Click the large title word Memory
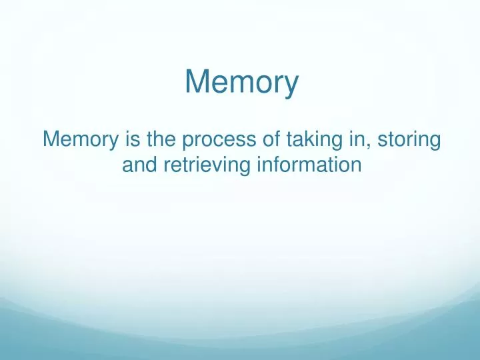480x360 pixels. [x=241, y=83]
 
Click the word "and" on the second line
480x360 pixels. [x=138, y=164]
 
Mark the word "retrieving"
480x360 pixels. [x=201, y=165]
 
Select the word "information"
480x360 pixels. [x=307, y=164]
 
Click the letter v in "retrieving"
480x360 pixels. [x=216, y=165]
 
